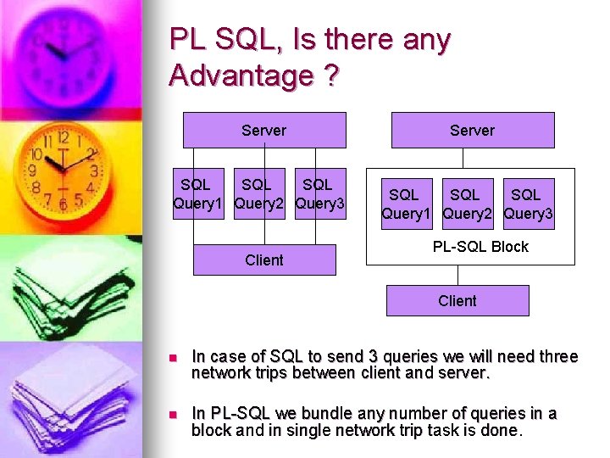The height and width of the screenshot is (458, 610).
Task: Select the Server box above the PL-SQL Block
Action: pos(472,130)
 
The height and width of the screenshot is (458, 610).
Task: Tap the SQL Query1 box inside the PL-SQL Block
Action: pos(403,204)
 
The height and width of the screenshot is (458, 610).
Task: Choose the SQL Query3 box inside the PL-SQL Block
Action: pos(527,204)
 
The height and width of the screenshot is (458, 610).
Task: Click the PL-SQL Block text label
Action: pos(480,247)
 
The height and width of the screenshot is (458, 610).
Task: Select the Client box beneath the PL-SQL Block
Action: pos(457,300)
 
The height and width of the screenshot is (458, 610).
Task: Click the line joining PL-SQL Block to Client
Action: pos(457,276)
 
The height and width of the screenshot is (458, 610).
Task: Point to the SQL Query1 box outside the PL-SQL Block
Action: pos(198,194)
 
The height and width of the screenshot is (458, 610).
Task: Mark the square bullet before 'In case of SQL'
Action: pos(172,358)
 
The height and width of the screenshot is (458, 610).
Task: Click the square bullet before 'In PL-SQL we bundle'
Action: pos(172,415)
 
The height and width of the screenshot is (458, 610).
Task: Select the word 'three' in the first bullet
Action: pos(559,357)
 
